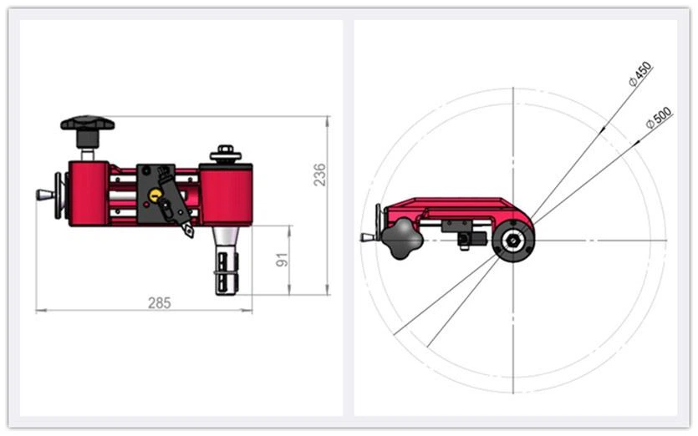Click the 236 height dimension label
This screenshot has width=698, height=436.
click(x=320, y=175)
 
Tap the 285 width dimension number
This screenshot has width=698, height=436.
click(x=159, y=303)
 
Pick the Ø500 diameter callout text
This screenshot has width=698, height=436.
click(x=659, y=119)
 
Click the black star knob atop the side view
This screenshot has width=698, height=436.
click(x=87, y=124)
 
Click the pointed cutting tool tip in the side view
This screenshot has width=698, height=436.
click(x=189, y=231)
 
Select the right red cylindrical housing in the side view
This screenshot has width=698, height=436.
click(x=226, y=195)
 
